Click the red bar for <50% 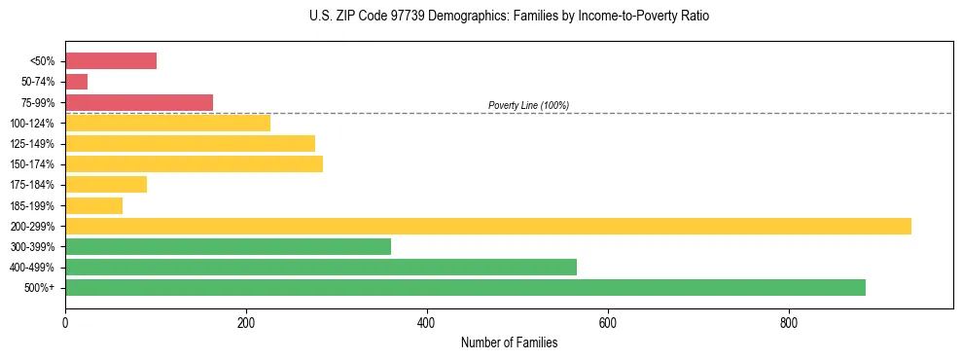tap(111, 61)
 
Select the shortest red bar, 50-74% tap(77, 82)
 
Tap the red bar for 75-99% tap(139, 102)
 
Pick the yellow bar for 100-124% tap(167, 123)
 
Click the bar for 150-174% tap(194, 163)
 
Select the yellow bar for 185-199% tap(93, 205)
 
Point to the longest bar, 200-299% tap(487, 226)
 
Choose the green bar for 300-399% tap(228, 246)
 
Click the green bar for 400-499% tap(320, 267)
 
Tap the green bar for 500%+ tap(465, 287)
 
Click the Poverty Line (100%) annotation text tap(528, 105)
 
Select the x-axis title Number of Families tap(509, 342)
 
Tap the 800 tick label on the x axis tap(789, 323)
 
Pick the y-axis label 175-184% tap(32, 185)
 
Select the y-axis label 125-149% tap(32, 144)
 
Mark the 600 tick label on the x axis tap(608, 323)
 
